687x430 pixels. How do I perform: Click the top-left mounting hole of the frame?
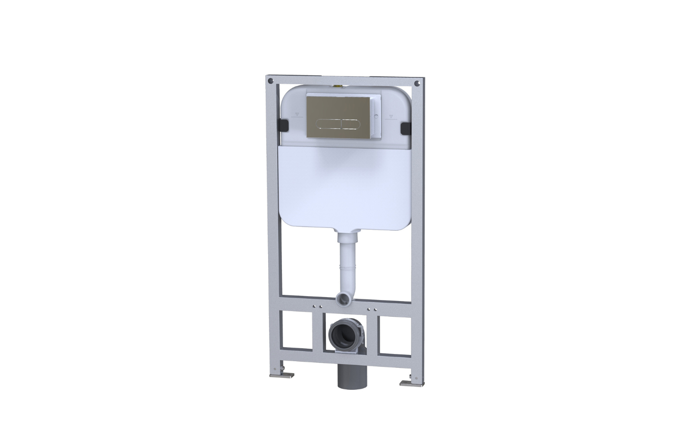pos(271,80)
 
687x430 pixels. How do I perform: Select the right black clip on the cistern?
pos(405,127)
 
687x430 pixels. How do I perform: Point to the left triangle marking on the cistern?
pos(296,114)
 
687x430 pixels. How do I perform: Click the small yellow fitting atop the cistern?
pos(340,86)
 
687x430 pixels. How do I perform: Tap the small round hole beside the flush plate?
pos(376,117)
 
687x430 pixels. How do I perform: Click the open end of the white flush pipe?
pos(342,299)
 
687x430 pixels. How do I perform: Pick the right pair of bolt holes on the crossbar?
pos(373,310)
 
